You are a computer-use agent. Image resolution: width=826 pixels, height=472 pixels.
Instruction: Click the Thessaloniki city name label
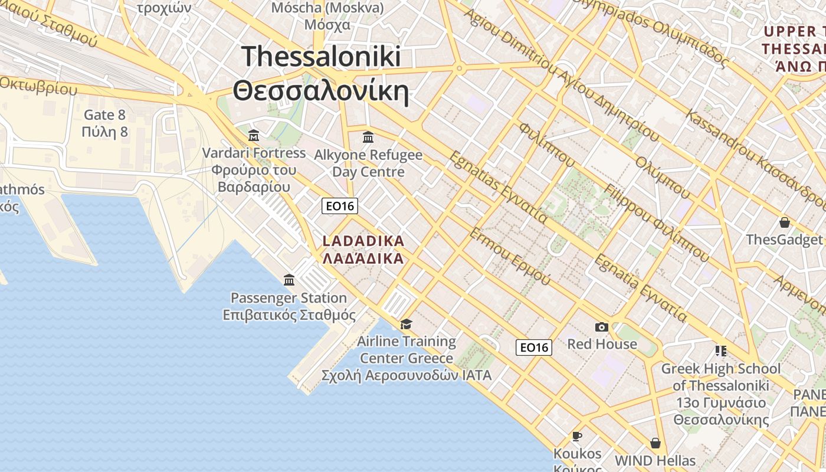[322, 74]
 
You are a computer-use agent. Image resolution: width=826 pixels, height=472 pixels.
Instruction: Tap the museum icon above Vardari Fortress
[254, 136]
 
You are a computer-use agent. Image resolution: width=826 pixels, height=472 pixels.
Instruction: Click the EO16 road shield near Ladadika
[340, 206]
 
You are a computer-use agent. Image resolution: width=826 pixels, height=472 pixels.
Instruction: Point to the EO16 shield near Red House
[534, 348]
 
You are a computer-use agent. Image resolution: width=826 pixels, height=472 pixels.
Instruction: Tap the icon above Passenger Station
[289, 280]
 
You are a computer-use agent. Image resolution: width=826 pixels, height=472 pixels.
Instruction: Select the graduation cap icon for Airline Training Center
[406, 324]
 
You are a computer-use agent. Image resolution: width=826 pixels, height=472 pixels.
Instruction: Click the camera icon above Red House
[602, 327]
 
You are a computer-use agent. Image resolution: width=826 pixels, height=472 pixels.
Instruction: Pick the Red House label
[602, 344]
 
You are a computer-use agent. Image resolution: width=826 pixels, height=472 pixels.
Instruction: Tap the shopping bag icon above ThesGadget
[784, 222]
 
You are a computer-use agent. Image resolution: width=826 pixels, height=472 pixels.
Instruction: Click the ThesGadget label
[784, 240]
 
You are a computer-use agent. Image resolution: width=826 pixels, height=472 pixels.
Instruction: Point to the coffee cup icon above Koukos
[577, 436]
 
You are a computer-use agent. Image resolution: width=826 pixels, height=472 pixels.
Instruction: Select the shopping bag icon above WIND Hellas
[655, 443]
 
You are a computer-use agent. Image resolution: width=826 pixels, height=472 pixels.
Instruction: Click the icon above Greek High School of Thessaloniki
[720, 351]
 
